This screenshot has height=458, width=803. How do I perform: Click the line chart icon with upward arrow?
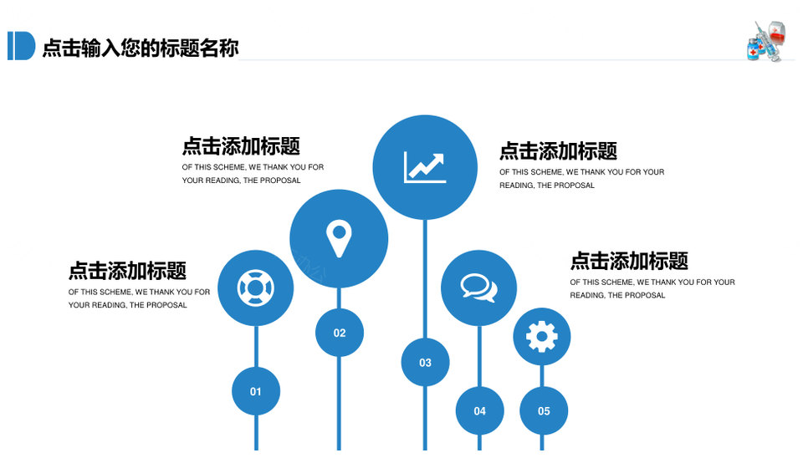tap(425, 167)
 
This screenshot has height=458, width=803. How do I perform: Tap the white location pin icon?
tap(339, 238)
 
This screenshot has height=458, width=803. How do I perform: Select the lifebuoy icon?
tap(256, 288)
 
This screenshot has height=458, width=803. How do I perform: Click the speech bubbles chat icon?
tap(478, 288)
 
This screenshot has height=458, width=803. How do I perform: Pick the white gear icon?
tap(542, 337)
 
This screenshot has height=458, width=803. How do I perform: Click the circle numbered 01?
tap(256, 391)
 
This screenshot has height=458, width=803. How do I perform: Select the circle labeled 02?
tap(340, 333)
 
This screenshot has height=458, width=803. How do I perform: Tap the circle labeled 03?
tap(425, 363)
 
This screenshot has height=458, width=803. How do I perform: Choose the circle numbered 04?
tap(480, 411)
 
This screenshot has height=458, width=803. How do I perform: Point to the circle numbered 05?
tap(544, 411)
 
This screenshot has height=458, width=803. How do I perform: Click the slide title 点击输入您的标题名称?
tap(141, 48)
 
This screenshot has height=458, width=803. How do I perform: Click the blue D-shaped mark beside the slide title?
tap(21, 46)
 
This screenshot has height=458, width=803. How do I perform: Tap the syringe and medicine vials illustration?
tap(766, 42)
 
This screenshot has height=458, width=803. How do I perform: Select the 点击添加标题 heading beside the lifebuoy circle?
tap(127, 271)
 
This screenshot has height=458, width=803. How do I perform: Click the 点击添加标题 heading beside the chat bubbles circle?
tap(629, 261)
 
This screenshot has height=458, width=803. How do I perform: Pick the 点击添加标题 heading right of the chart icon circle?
tap(558, 151)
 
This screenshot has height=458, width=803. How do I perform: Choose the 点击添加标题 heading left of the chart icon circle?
tap(241, 146)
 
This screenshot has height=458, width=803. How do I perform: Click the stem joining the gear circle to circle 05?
tap(542, 376)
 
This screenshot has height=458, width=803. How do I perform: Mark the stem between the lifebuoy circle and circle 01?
tap(256, 347)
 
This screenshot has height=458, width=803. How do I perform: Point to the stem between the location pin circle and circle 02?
tap(339, 298)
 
